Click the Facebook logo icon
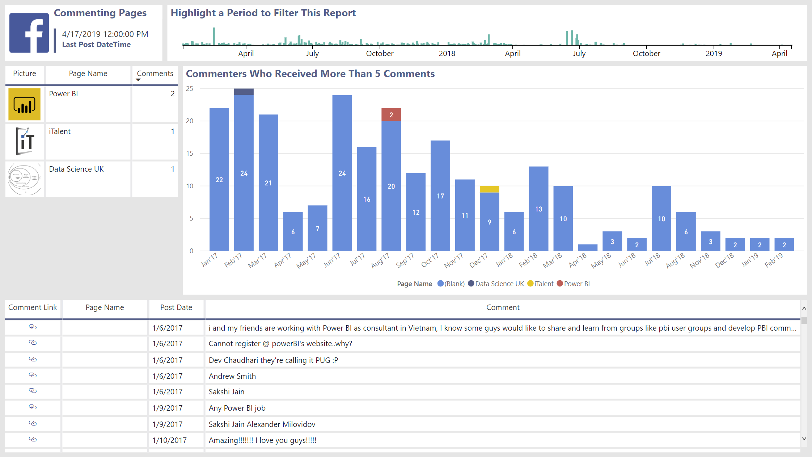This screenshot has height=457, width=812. tap(29, 33)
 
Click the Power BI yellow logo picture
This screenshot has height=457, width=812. tap(24, 104)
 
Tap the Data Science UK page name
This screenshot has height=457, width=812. tap(76, 169)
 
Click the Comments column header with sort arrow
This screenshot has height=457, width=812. tap(155, 74)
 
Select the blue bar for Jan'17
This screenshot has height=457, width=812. tap(219, 179)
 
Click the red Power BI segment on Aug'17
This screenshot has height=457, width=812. tap(391, 114)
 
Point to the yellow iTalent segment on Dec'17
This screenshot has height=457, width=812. tap(489, 189)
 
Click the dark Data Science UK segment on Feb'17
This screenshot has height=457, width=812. tap(244, 92)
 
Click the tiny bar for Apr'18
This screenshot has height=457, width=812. tap(588, 248)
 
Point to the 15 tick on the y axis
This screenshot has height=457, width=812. tap(190, 154)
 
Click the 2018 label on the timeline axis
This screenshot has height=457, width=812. tap(447, 54)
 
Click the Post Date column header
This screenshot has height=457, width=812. tap(176, 307)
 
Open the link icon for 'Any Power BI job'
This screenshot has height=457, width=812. tap(33, 407)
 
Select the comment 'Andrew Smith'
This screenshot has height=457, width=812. tap(232, 376)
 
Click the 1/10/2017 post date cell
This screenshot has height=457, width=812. tap(170, 440)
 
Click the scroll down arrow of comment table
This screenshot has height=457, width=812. tap(804, 439)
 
